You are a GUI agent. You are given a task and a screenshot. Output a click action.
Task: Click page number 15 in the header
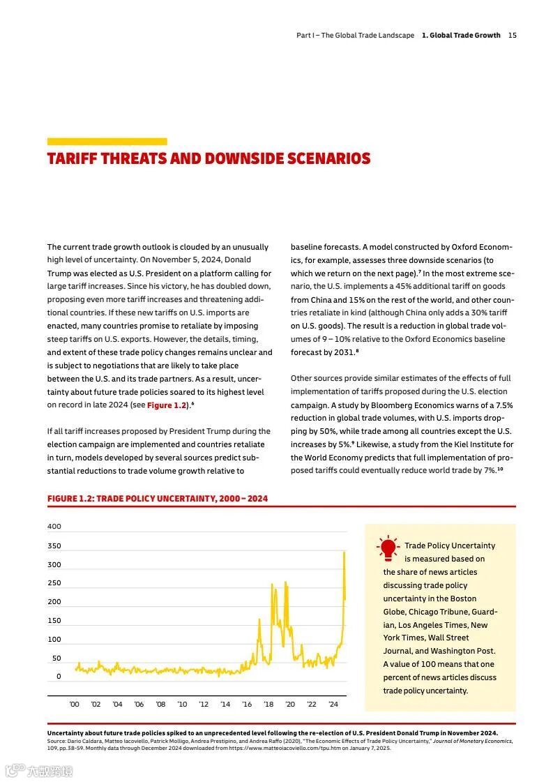tap(513, 35)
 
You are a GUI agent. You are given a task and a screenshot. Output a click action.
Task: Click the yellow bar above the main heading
tap(107, 142)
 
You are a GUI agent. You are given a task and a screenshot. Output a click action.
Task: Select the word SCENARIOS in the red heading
tap(328, 159)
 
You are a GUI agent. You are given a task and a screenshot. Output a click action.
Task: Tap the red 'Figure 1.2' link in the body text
tap(167, 405)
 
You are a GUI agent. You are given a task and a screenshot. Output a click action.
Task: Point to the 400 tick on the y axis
tap(54, 527)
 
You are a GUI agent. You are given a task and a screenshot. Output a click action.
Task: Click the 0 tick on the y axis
tap(59, 677)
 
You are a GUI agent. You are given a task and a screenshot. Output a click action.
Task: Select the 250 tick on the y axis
tap(54, 583)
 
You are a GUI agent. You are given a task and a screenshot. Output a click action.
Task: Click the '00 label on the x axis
tap(75, 705)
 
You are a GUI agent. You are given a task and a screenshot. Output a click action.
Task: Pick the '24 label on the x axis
tap(333, 705)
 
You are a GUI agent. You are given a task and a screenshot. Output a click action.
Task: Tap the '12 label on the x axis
tap(204, 705)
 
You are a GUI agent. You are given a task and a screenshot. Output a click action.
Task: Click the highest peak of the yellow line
tap(344, 552)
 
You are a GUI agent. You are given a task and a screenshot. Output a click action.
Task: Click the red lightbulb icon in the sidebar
tap(387, 548)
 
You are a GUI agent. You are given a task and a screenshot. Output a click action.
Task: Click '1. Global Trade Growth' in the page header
tap(461, 35)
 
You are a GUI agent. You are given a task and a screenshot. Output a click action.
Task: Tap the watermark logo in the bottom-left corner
tap(15, 771)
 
